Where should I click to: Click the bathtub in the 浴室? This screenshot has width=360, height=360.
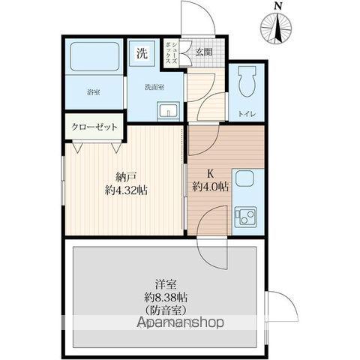(x=94, y=57)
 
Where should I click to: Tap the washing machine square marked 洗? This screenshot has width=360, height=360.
(x=142, y=53)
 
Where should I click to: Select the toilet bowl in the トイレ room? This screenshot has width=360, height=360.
(x=247, y=81)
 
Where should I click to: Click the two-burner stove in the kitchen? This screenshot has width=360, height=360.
(x=245, y=217)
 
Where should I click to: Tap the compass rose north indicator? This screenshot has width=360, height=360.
(x=276, y=28)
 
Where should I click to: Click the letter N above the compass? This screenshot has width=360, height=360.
(x=277, y=6)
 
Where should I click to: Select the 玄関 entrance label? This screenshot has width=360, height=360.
(x=204, y=52)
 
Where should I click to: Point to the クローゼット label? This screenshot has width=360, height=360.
(x=94, y=127)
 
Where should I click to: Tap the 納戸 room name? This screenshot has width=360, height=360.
(x=125, y=177)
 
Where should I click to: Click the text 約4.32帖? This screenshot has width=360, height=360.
(x=126, y=190)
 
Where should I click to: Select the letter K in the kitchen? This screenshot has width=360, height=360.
(x=211, y=174)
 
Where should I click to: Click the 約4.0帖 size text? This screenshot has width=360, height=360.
(x=210, y=187)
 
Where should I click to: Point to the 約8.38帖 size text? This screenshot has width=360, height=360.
(x=166, y=298)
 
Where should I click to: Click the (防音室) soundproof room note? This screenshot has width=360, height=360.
(x=166, y=310)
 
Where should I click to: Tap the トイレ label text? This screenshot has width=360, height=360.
(x=247, y=114)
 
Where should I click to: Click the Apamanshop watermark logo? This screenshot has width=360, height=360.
(x=181, y=322)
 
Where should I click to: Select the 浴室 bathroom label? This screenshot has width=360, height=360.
(x=94, y=92)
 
